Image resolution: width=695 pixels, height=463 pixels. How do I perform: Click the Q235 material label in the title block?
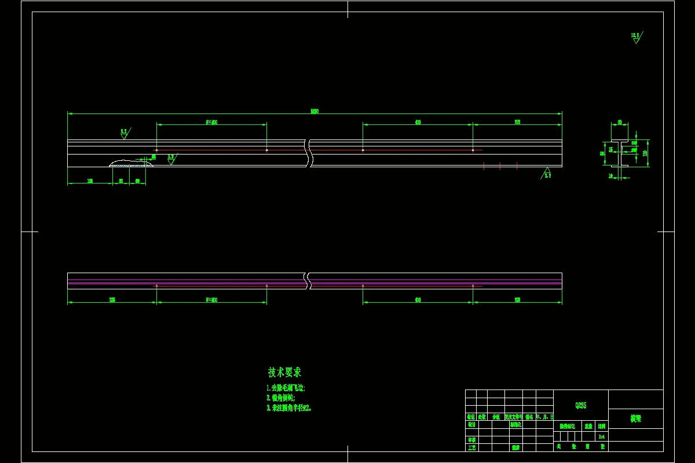(x=580, y=406)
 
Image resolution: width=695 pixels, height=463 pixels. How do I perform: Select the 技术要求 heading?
(x=284, y=372)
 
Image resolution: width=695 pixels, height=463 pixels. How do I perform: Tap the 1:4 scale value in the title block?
(x=602, y=436)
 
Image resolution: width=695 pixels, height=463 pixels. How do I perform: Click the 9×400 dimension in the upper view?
(x=211, y=122)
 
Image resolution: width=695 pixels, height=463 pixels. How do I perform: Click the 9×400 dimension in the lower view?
(x=211, y=300)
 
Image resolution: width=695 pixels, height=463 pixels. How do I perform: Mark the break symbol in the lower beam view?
(x=309, y=281)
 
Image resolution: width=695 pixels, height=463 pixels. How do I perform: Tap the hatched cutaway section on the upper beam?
(x=132, y=164)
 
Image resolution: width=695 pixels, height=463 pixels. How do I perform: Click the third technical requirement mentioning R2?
(x=289, y=407)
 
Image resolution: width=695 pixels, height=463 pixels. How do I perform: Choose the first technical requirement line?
(x=286, y=388)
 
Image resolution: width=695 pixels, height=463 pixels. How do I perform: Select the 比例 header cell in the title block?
(x=602, y=425)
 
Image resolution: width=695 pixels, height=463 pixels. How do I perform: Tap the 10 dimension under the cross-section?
(x=610, y=175)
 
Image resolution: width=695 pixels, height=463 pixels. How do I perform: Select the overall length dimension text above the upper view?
(x=314, y=111)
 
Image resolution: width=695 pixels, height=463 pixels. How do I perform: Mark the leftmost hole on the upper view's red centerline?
(x=156, y=150)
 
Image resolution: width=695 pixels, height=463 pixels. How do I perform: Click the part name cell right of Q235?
(x=635, y=418)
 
